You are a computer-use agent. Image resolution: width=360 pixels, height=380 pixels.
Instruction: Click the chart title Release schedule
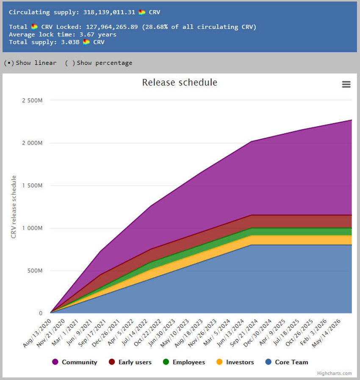coord(180,82)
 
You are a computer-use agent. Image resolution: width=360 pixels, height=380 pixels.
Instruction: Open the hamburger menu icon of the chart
coord(346,84)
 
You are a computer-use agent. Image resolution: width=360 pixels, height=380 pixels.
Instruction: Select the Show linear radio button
coord(8,63)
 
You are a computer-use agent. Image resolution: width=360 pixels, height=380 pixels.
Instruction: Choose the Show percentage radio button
coord(70,63)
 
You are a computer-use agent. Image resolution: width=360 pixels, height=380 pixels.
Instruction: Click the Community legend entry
coord(75,362)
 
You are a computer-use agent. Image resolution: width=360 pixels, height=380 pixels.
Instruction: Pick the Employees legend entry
coord(185,362)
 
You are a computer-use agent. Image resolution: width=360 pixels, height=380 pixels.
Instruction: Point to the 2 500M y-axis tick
coord(32,100)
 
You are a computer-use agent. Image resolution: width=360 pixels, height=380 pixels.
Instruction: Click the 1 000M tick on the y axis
coord(32,228)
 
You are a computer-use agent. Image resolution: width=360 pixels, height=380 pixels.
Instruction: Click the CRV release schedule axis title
coord(14,207)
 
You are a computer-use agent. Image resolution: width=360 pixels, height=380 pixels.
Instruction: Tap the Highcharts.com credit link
coord(334,373)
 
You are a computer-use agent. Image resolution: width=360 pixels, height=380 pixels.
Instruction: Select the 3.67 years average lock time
coord(98,34)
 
